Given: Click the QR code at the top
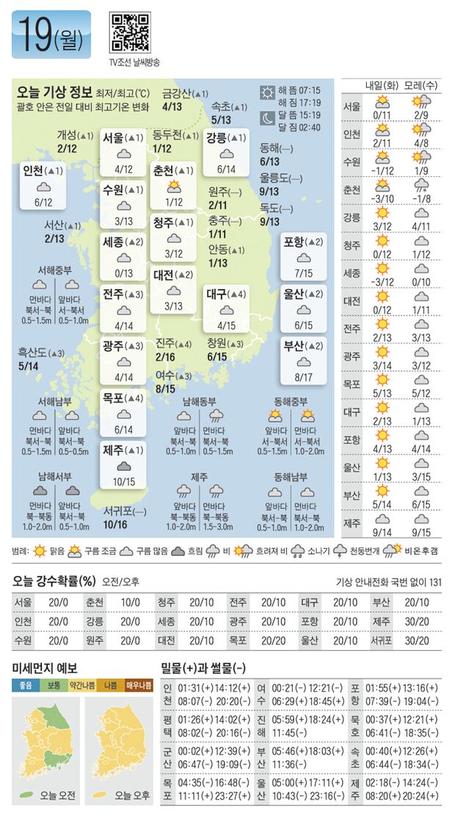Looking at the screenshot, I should [130, 32].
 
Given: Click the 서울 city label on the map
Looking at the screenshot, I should [114, 137].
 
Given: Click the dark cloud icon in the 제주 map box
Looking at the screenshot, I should [123, 465].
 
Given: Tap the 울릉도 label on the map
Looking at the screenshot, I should [276, 178].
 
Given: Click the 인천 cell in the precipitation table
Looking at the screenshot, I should [23, 621].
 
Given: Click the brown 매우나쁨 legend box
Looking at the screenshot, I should [138, 685].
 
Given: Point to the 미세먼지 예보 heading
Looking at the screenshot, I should [45, 667].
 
